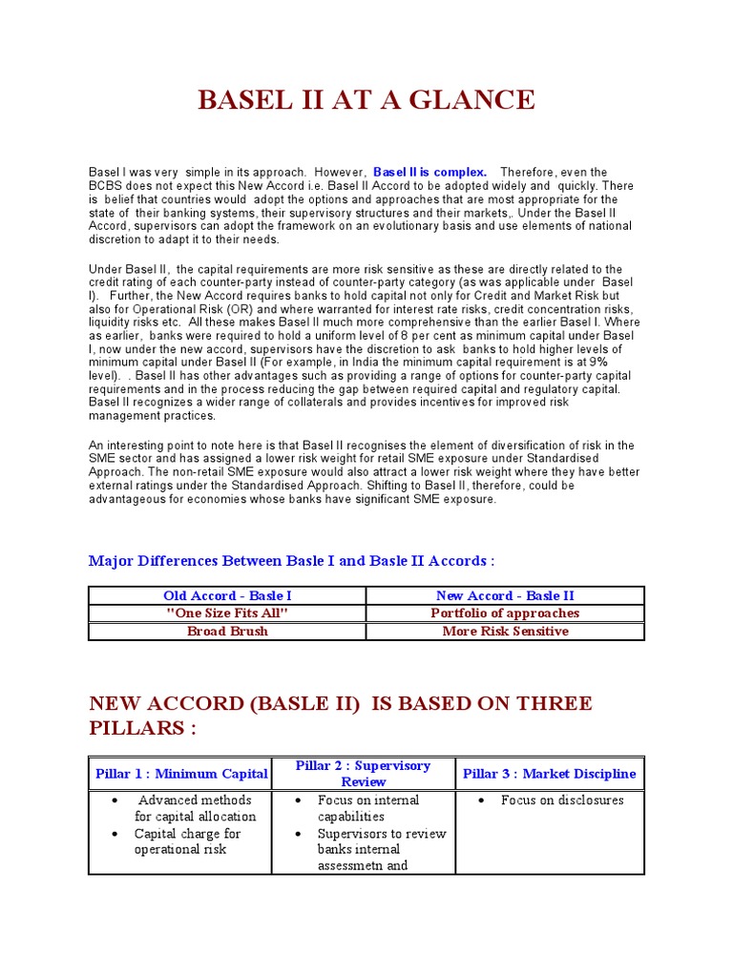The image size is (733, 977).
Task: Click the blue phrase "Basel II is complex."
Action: [429, 172]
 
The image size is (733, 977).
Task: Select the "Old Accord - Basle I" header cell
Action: [227, 595]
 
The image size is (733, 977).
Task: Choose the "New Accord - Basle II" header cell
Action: [505, 595]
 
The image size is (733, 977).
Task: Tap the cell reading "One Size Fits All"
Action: [227, 613]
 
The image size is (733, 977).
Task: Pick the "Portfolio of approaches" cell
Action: [505, 613]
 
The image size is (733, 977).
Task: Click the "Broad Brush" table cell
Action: [227, 631]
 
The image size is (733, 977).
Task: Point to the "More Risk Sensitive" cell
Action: [505, 631]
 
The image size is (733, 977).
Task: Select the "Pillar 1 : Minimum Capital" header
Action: [181, 774]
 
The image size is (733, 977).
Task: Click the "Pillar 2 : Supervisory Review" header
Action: [363, 774]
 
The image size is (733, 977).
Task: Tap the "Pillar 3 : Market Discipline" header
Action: [549, 774]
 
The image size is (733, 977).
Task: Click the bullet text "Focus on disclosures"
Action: [562, 800]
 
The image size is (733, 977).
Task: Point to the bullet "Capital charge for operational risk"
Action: [187, 842]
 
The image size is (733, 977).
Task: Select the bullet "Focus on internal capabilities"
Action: [367, 808]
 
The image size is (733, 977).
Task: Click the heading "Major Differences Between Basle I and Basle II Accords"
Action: [291, 560]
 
